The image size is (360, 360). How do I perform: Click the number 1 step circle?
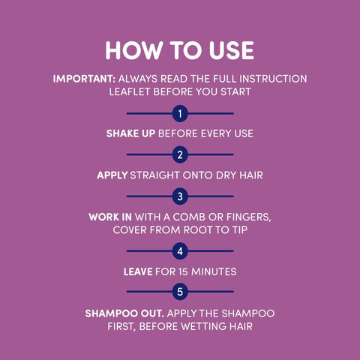pos(180,114)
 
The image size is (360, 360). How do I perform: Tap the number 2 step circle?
pos(180,154)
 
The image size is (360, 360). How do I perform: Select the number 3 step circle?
pos(180,196)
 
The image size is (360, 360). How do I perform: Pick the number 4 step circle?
pos(180,251)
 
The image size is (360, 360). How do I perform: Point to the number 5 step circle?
pos(180,292)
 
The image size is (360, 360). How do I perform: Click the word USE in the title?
pos(232,50)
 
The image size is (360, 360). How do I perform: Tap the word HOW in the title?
pos(134,50)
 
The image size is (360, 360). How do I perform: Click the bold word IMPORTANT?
pos(84,79)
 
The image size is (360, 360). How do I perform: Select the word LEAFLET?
pos(130,91)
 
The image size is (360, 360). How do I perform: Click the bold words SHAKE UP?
pos(130,133)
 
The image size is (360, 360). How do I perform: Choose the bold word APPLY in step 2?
pos(112,175)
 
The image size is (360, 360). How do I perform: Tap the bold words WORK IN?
pos(110,217)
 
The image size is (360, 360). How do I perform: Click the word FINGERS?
pos(249,217)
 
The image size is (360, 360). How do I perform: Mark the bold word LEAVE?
pos(138,271)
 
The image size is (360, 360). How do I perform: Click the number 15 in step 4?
pos(183,271)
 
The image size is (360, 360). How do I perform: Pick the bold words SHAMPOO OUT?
pos(124,313)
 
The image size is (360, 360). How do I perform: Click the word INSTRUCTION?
pos(273,79)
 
